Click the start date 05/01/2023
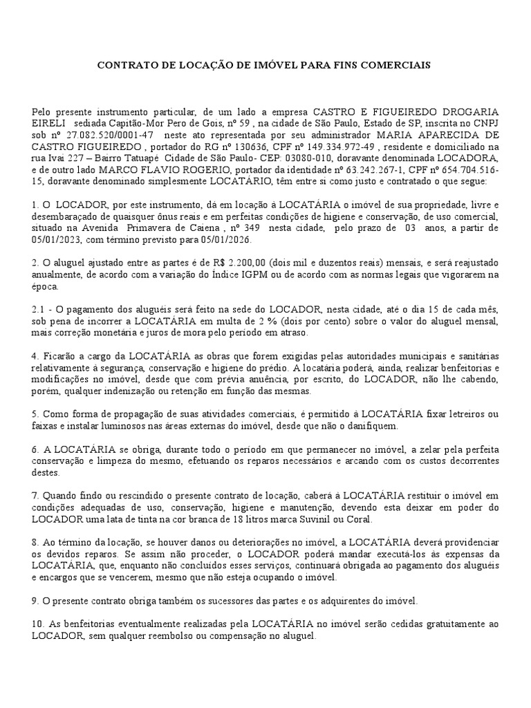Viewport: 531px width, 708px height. pyautogui.click(x=57, y=240)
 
